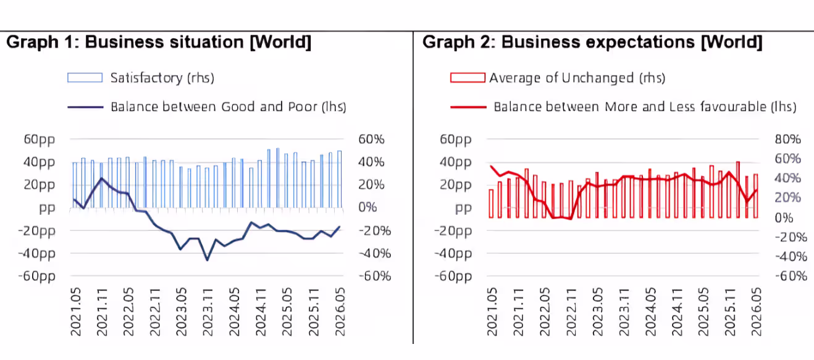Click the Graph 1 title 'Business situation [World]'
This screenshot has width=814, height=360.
click(198, 42)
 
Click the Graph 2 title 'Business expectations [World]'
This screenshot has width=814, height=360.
click(632, 42)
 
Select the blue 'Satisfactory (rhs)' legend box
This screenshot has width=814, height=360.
click(85, 78)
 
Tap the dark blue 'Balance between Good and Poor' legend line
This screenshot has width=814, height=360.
click(85, 107)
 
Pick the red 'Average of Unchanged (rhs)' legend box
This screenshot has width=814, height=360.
click(468, 78)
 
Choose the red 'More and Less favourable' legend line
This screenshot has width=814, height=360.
click(468, 107)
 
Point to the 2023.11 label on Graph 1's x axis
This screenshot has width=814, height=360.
click(208, 312)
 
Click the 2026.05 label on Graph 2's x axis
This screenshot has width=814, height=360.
click(756, 312)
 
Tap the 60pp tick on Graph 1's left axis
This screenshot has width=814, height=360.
click(40, 140)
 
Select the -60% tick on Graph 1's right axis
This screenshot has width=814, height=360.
click(375, 276)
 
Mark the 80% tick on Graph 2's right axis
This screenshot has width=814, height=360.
click(787, 139)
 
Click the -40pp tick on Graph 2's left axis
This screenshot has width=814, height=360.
click(453, 254)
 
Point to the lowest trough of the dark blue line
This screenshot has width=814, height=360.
click(208, 260)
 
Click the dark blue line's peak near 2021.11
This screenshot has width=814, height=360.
click(101, 178)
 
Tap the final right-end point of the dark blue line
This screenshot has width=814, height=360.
click(340, 227)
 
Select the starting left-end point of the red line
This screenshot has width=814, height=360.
click(491, 166)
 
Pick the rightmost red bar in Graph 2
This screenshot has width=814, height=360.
click(756, 196)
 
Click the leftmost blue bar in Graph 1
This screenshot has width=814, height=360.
click(75, 185)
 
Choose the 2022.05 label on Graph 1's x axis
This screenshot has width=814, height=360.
click(128, 312)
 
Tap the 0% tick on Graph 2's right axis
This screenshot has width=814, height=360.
click(784, 218)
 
